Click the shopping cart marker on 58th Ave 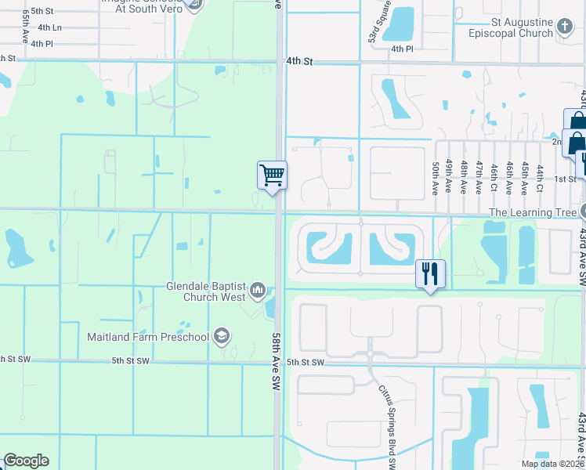(x=272, y=175)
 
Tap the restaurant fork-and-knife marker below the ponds (x=430, y=273)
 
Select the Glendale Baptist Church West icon (x=259, y=292)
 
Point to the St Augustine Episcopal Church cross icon (x=564, y=28)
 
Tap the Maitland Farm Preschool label (x=148, y=338)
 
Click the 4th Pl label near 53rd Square (x=402, y=49)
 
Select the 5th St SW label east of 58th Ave (x=306, y=362)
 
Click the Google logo (x=26, y=461)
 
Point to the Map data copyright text (x=552, y=464)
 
